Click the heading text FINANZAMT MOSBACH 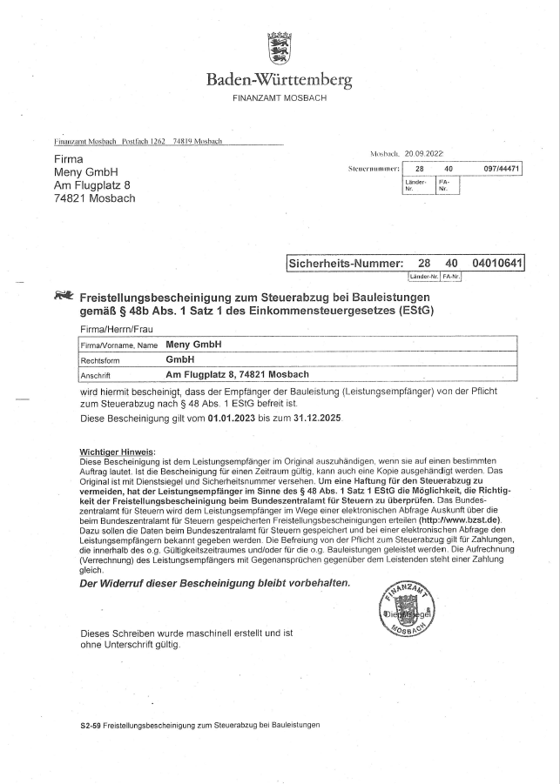point(280,98)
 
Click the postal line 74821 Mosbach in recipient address point(94,198)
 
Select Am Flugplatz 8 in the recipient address point(92,184)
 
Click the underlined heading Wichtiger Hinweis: point(118,452)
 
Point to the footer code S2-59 point(90,725)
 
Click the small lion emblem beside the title point(63,296)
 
